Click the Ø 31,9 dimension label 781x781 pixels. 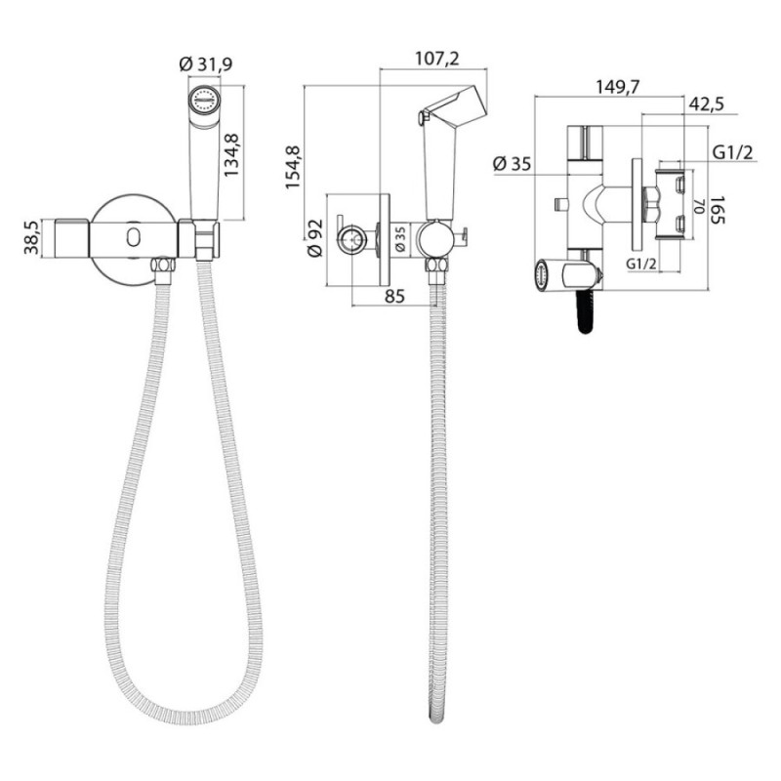tap(206, 63)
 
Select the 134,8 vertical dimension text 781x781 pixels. tap(231, 154)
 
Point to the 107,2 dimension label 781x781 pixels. tap(437, 59)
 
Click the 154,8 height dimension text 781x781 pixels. tap(293, 167)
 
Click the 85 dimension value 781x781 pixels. tap(394, 297)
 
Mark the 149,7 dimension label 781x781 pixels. tap(618, 87)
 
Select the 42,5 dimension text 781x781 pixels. tap(706, 105)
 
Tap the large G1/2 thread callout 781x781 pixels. tap(733, 152)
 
